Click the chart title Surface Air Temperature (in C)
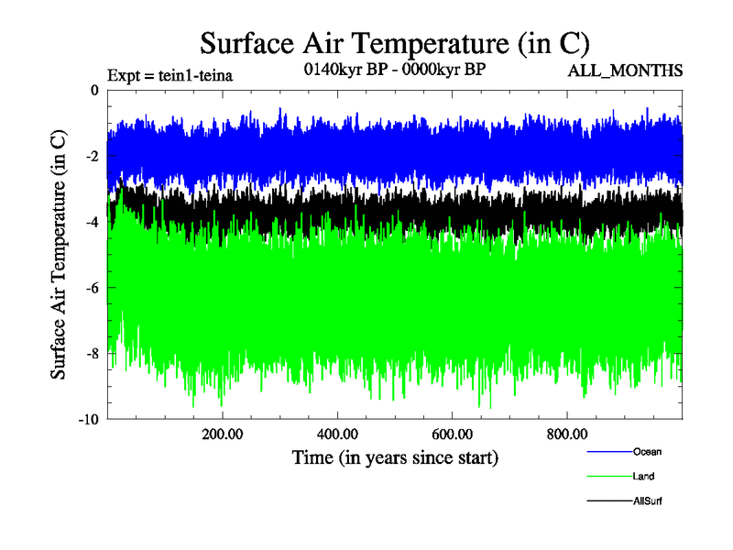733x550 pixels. point(394,43)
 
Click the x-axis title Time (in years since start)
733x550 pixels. point(395,456)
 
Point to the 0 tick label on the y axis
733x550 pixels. point(93,91)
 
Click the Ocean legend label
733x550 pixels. point(646,451)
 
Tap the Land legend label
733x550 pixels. point(643,477)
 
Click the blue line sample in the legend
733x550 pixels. point(608,451)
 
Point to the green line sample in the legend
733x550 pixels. point(608,477)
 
